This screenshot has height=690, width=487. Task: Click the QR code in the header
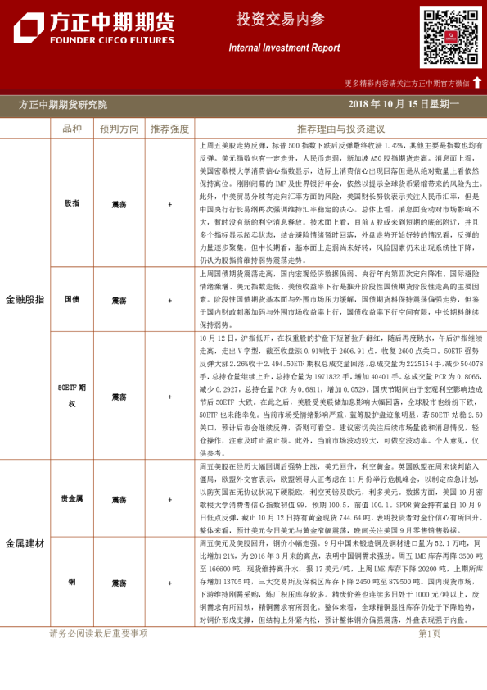click(450, 37)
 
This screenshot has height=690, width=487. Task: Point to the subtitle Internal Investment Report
click(284, 48)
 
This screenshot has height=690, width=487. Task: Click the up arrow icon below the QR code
click(477, 82)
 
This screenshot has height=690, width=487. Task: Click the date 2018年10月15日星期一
click(403, 105)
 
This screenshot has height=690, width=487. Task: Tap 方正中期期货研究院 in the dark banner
click(63, 105)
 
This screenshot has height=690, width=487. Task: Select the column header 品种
click(72, 129)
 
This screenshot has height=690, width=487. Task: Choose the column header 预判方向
click(119, 129)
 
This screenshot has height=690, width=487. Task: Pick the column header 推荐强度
click(169, 129)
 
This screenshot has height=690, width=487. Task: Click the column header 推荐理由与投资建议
click(340, 129)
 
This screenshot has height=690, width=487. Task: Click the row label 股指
click(72, 203)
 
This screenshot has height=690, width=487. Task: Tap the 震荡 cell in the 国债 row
click(119, 300)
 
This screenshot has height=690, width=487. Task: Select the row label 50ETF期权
click(72, 396)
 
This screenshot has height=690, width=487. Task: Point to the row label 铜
click(72, 583)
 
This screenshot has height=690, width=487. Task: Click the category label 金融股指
click(25, 300)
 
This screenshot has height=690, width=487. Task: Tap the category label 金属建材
click(25, 543)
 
